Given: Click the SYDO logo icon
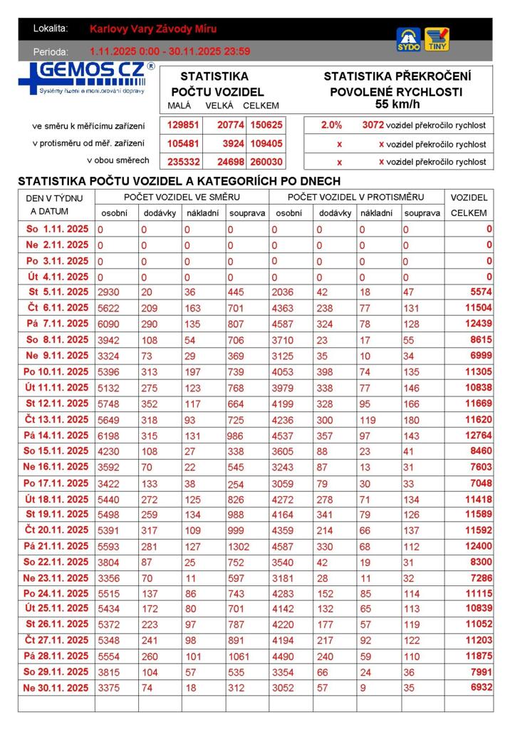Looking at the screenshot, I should pyautogui.click(x=408, y=39).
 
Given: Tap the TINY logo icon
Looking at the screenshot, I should pyautogui.click(x=437, y=39).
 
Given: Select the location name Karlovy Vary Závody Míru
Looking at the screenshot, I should pyautogui.click(x=153, y=29).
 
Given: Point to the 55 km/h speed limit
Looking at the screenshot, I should pyautogui.click(x=397, y=104).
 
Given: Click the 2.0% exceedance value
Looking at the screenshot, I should pyautogui.click(x=331, y=125).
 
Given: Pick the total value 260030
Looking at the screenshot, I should pyautogui.click(x=267, y=162).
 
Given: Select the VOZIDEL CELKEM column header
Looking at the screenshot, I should pyautogui.click(x=469, y=205).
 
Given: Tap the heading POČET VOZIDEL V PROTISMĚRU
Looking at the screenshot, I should pyautogui.click(x=356, y=197).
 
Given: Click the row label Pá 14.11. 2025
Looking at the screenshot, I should pyautogui.click(x=56, y=436).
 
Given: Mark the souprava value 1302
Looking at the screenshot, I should pyautogui.click(x=239, y=547).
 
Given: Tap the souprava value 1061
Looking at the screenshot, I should pyautogui.click(x=239, y=656).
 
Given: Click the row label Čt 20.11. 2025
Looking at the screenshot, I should pyautogui.click(x=56, y=530).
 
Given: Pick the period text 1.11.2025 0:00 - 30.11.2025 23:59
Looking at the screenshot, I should pyautogui.click(x=170, y=51).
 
